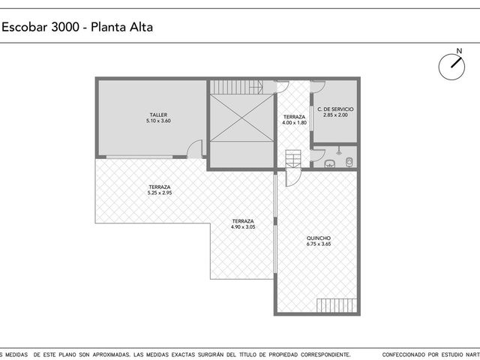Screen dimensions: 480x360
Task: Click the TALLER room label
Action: tap(158, 115)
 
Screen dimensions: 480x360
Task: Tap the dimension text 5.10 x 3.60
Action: tap(158, 121)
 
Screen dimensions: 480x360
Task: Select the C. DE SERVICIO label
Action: tap(335, 109)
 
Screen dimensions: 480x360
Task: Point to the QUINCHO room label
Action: tap(319, 238)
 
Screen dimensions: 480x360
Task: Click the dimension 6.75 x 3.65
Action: tap(319, 244)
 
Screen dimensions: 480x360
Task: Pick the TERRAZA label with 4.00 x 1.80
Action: tap(294, 117)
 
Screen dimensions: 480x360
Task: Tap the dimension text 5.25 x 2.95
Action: tap(160, 193)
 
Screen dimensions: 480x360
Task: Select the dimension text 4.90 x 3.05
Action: tap(243, 226)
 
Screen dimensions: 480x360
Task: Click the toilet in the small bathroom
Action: tap(349, 162)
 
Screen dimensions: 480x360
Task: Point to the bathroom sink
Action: tap(329, 163)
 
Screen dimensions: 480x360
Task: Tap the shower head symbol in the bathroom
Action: tap(338, 151)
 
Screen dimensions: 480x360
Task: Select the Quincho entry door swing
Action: tap(293, 177)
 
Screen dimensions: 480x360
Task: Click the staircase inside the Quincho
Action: tap(337, 305)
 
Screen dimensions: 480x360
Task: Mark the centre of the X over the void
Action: tap(241, 118)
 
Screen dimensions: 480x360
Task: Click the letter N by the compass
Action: tap(459, 51)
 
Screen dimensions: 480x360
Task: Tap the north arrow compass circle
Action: tap(451, 67)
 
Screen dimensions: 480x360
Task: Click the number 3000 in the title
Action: tap(65, 27)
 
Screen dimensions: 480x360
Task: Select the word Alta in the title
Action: tap(142, 27)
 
